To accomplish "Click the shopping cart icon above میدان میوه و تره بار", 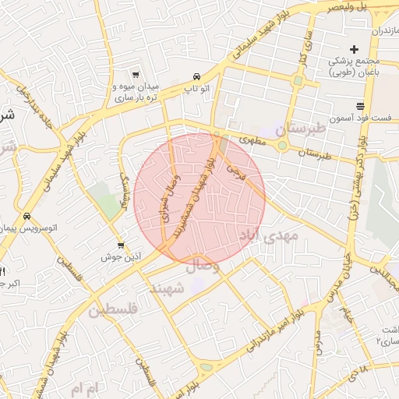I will pyautogui.click(x=136, y=75).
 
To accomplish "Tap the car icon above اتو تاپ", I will pyautogui.click(x=196, y=76).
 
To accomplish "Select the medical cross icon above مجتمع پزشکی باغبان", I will pyautogui.click(x=354, y=49).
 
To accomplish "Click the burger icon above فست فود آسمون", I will pyautogui.click(x=359, y=105).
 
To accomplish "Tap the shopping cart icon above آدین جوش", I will pyautogui.click(x=120, y=244).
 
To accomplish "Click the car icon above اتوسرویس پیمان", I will pyautogui.click(x=27, y=217).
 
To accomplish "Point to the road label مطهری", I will pyautogui.click(x=252, y=141).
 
